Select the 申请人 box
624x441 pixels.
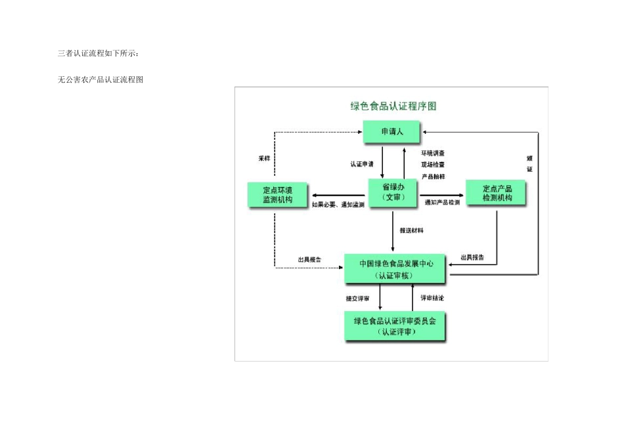[391, 133]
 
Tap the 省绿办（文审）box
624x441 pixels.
[393, 192]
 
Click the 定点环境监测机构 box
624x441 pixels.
[276, 194]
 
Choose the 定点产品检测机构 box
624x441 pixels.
[497, 193]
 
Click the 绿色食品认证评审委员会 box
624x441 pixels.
[395, 326]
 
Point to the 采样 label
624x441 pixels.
[264, 158]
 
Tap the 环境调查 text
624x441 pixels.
[433, 153]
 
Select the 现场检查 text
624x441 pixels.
[433, 164]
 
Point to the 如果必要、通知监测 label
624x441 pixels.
[338, 205]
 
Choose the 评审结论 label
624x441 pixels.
[433, 298]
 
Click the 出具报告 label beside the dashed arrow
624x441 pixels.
[309, 260]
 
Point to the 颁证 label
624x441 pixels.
[529, 163]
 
